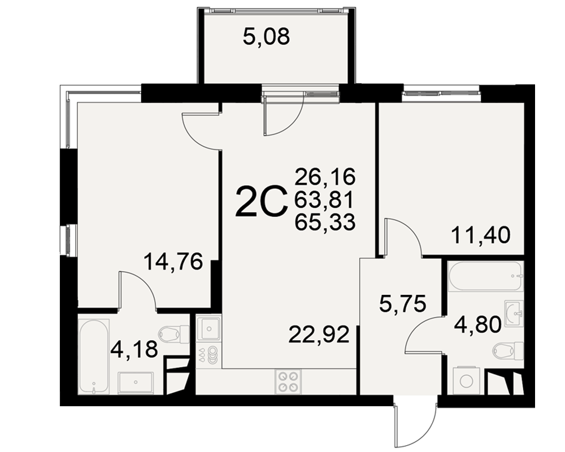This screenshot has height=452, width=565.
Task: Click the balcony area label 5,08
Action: click(x=266, y=37)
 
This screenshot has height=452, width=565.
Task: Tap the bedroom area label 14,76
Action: click(x=173, y=262)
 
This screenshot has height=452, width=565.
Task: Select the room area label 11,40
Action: click(x=481, y=236)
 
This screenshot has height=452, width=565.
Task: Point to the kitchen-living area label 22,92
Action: click(x=319, y=335)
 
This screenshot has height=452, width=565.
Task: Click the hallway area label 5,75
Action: click(x=402, y=303)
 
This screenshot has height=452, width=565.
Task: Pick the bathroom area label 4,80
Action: click(x=477, y=324)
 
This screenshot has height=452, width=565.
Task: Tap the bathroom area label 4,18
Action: click(x=134, y=349)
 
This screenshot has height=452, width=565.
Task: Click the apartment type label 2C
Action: click(x=261, y=202)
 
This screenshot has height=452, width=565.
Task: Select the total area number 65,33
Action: click(x=325, y=222)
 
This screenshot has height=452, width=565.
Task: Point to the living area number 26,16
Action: click(x=325, y=177)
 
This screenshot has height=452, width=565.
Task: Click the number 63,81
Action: click(x=324, y=199)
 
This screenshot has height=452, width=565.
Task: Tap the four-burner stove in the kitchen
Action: click(x=288, y=381)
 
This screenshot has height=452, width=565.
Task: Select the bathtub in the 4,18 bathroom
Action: click(x=94, y=357)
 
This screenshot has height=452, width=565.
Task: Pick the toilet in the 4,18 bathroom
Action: click(x=174, y=334)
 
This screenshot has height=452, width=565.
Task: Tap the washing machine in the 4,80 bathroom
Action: click(x=466, y=381)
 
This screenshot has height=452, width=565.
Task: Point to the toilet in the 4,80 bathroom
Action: click(x=508, y=350)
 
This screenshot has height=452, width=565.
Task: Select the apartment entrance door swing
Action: click(x=415, y=422)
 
